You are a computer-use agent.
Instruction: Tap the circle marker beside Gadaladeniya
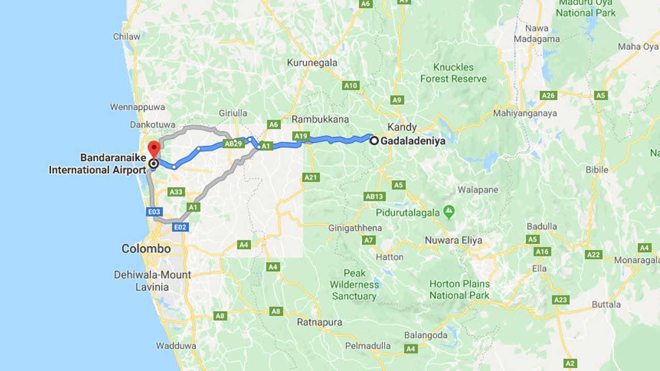coord(374,140)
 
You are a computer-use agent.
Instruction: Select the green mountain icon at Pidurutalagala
coord(449,212)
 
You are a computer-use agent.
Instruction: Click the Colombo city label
coord(146,249)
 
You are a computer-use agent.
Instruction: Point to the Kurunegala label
coord(312,63)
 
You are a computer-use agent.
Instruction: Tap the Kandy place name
coord(402,127)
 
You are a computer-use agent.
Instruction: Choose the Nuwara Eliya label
coord(453,240)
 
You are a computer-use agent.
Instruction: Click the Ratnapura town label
coord(320,323)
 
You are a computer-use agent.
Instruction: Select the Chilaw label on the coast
coord(127,37)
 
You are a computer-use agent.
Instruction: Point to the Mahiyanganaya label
coord(525,113)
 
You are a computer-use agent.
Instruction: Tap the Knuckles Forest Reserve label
coord(453,73)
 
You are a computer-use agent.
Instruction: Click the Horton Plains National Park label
coord(459,289)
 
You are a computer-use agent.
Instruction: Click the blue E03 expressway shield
coord(155,211)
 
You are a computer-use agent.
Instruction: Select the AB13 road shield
coord(374,196)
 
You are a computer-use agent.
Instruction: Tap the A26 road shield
coord(548,95)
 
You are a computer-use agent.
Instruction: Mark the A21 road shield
coord(311,177)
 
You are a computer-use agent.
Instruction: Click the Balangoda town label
coord(425,335)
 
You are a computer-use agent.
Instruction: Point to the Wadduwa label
coord(172,346)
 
